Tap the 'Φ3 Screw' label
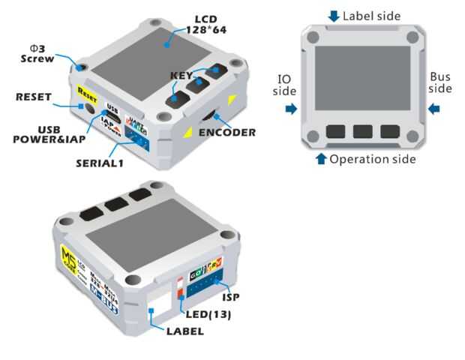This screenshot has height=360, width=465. click(37, 52)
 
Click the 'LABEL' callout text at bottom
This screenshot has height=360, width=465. click(184, 331)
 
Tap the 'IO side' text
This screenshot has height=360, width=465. click(284, 85)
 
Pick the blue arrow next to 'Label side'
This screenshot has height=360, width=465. click(334, 16)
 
